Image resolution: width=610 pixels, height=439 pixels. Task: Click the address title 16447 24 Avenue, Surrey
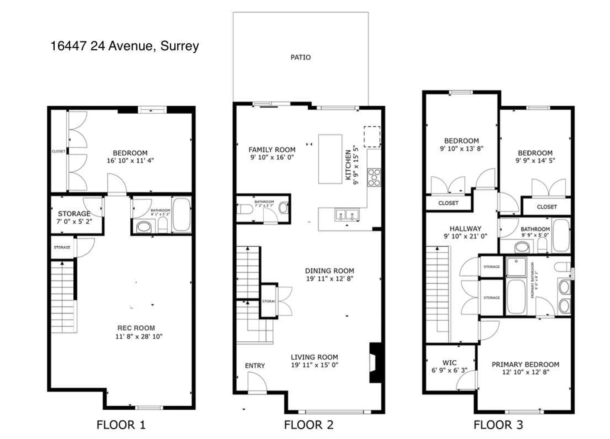click(x=125, y=46)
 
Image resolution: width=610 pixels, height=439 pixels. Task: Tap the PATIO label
click(x=300, y=57)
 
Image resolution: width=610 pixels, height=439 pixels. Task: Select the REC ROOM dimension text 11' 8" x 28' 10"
click(x=139, y=337)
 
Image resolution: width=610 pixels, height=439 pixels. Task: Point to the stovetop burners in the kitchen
click(x=374, y=178)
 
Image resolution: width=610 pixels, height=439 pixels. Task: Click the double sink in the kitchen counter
click(x=346, y=215)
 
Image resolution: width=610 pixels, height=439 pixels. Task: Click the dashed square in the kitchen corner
click(x=372, y=137)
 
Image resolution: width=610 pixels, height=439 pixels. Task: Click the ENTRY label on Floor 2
click(x=255, y=366)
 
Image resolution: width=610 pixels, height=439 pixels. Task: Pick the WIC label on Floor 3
click(x=449, y=363)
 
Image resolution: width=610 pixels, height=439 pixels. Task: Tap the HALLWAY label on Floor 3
click(x=465, y=229)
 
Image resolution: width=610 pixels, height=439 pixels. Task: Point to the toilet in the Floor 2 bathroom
click(x=245, y=209)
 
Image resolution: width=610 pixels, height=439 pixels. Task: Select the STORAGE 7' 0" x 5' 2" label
click(x=74, y=217)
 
